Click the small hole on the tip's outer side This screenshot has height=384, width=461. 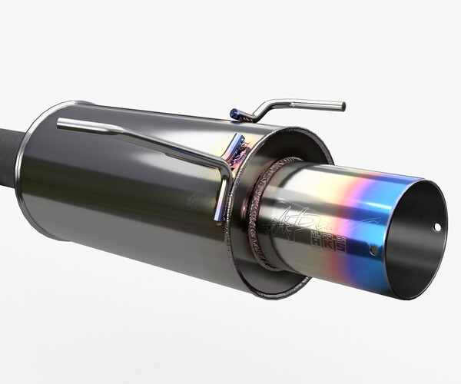click(x=373, y=250)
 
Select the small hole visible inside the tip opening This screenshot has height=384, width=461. click(x=437, y=227)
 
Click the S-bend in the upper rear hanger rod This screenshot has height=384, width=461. click(x=265, y=109)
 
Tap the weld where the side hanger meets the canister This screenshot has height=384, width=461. click(x=234, y=150)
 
